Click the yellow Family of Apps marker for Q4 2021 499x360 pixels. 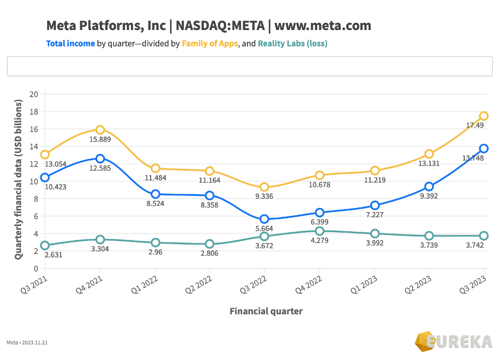[100, 130]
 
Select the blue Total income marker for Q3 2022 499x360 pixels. [264, 219]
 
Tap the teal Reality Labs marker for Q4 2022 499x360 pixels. [319, 231]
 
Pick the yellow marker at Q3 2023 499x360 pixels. [483, 116]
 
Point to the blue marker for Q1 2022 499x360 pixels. [155, 194]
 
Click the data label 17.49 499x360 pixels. [475, 125]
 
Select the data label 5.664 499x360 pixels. [264, 228]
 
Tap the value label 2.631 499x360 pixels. [53, 254]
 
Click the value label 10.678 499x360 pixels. [319, 185]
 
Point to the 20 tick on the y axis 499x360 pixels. [34, 94]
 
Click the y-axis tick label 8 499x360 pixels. [36, 199]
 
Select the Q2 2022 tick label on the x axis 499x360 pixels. [199, 284]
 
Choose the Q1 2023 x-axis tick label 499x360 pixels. [364, 284]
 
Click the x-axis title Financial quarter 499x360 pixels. [266, 311]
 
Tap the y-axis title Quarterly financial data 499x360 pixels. [19, 179]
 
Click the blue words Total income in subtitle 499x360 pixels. [70, 43]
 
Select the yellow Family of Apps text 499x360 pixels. [210, 43]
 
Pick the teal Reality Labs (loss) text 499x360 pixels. [292, 43]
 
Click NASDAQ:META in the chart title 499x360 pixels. [220, 26]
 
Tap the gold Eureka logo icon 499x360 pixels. [425, 341]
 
